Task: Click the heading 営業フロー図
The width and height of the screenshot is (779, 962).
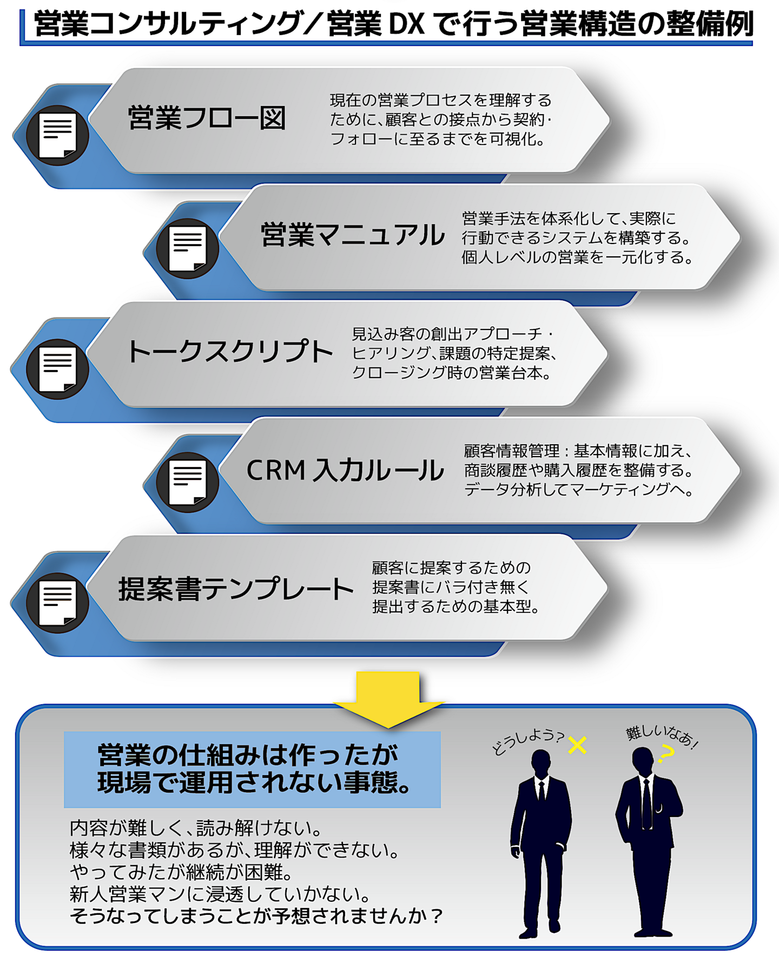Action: tap(207, 118)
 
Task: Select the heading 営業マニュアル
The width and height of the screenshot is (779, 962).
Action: tap(353, 235)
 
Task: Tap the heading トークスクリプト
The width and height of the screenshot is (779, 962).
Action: tap(229, 352)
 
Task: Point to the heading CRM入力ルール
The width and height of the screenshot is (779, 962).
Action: tap(345, 470)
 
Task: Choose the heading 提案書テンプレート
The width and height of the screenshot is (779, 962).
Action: tap(236, 589)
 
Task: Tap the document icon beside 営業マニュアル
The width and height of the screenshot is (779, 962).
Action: tap(188, 248)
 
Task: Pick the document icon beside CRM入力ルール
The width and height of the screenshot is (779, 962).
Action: tap(188, 482)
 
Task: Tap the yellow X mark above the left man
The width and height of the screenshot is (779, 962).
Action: tap(577, 746)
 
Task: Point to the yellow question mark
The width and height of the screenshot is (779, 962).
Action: tap(666, 754)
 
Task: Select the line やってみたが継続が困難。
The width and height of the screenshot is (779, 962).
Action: tap(181, 872)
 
